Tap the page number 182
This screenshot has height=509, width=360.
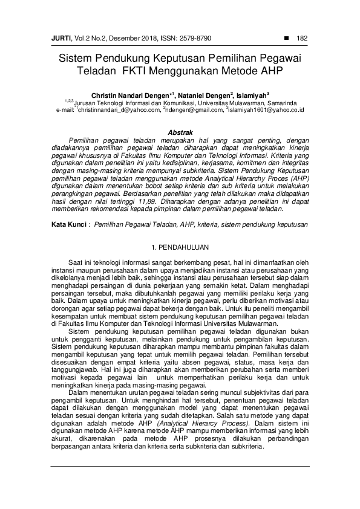[x=302, y=39]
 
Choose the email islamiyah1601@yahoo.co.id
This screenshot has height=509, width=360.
[x=266, y=110]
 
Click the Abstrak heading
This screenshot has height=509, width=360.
[x=180, y=132]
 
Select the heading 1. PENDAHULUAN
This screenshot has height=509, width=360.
[x=180, y=230]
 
